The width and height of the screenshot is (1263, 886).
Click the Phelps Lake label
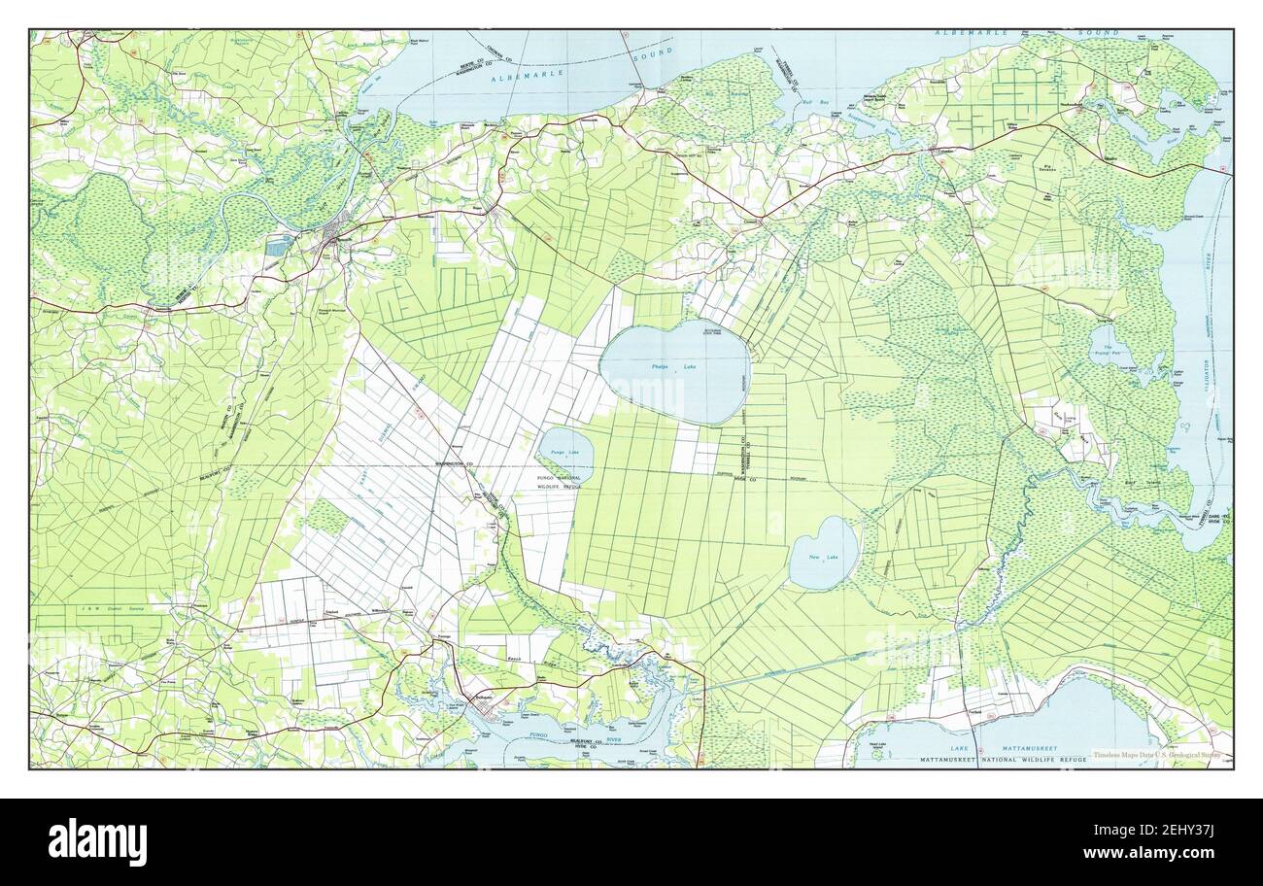coord(675,366)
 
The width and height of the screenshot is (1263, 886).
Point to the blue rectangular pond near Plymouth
coord(277,247)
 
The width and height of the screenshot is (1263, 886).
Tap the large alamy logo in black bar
coord(97,841)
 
